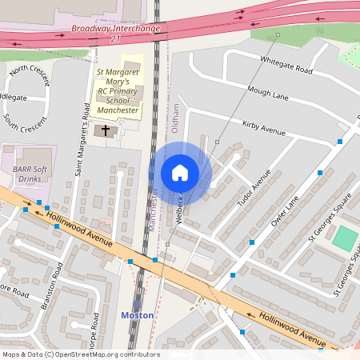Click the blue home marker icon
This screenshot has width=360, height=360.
(x=180, y=173)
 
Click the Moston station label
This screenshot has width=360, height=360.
(x=137, y=315)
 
